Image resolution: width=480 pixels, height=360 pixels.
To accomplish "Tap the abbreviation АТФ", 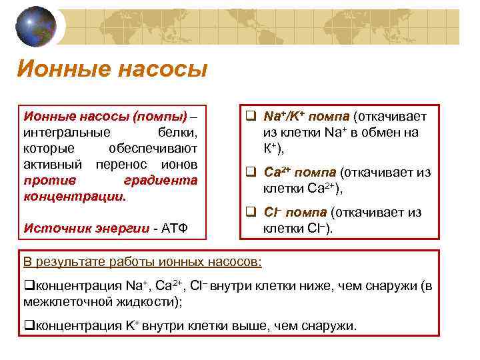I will [175, 228].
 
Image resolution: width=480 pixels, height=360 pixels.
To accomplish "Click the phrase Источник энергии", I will [86, 228].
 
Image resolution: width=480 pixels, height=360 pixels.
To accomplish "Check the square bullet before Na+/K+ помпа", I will [251, 117].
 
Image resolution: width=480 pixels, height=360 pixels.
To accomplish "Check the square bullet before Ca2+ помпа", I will [251, 172].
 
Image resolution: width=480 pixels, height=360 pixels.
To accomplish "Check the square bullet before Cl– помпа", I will [251, 213].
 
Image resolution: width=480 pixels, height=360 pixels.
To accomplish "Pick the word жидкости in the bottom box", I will [147, 301].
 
